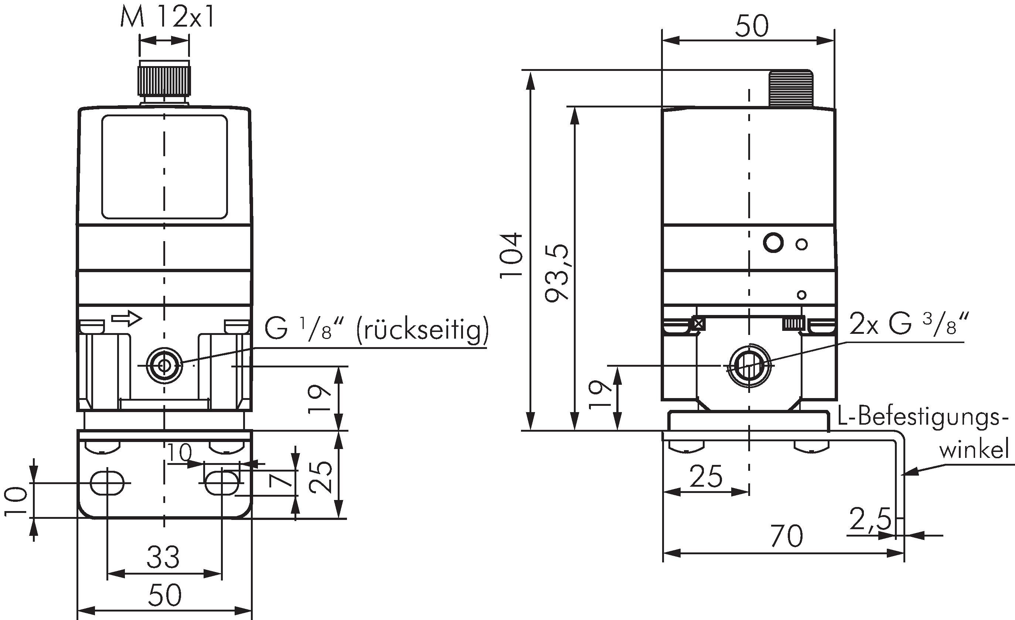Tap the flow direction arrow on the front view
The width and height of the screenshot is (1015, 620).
(127, 318)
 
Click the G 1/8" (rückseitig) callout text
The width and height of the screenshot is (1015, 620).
(376, 329)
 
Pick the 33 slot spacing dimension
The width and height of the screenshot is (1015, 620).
(164, 558)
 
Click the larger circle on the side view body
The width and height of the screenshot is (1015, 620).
(773, 243)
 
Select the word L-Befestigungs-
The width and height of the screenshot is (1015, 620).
(923, 419)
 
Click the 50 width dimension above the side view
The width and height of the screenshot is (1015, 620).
(752, 26)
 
